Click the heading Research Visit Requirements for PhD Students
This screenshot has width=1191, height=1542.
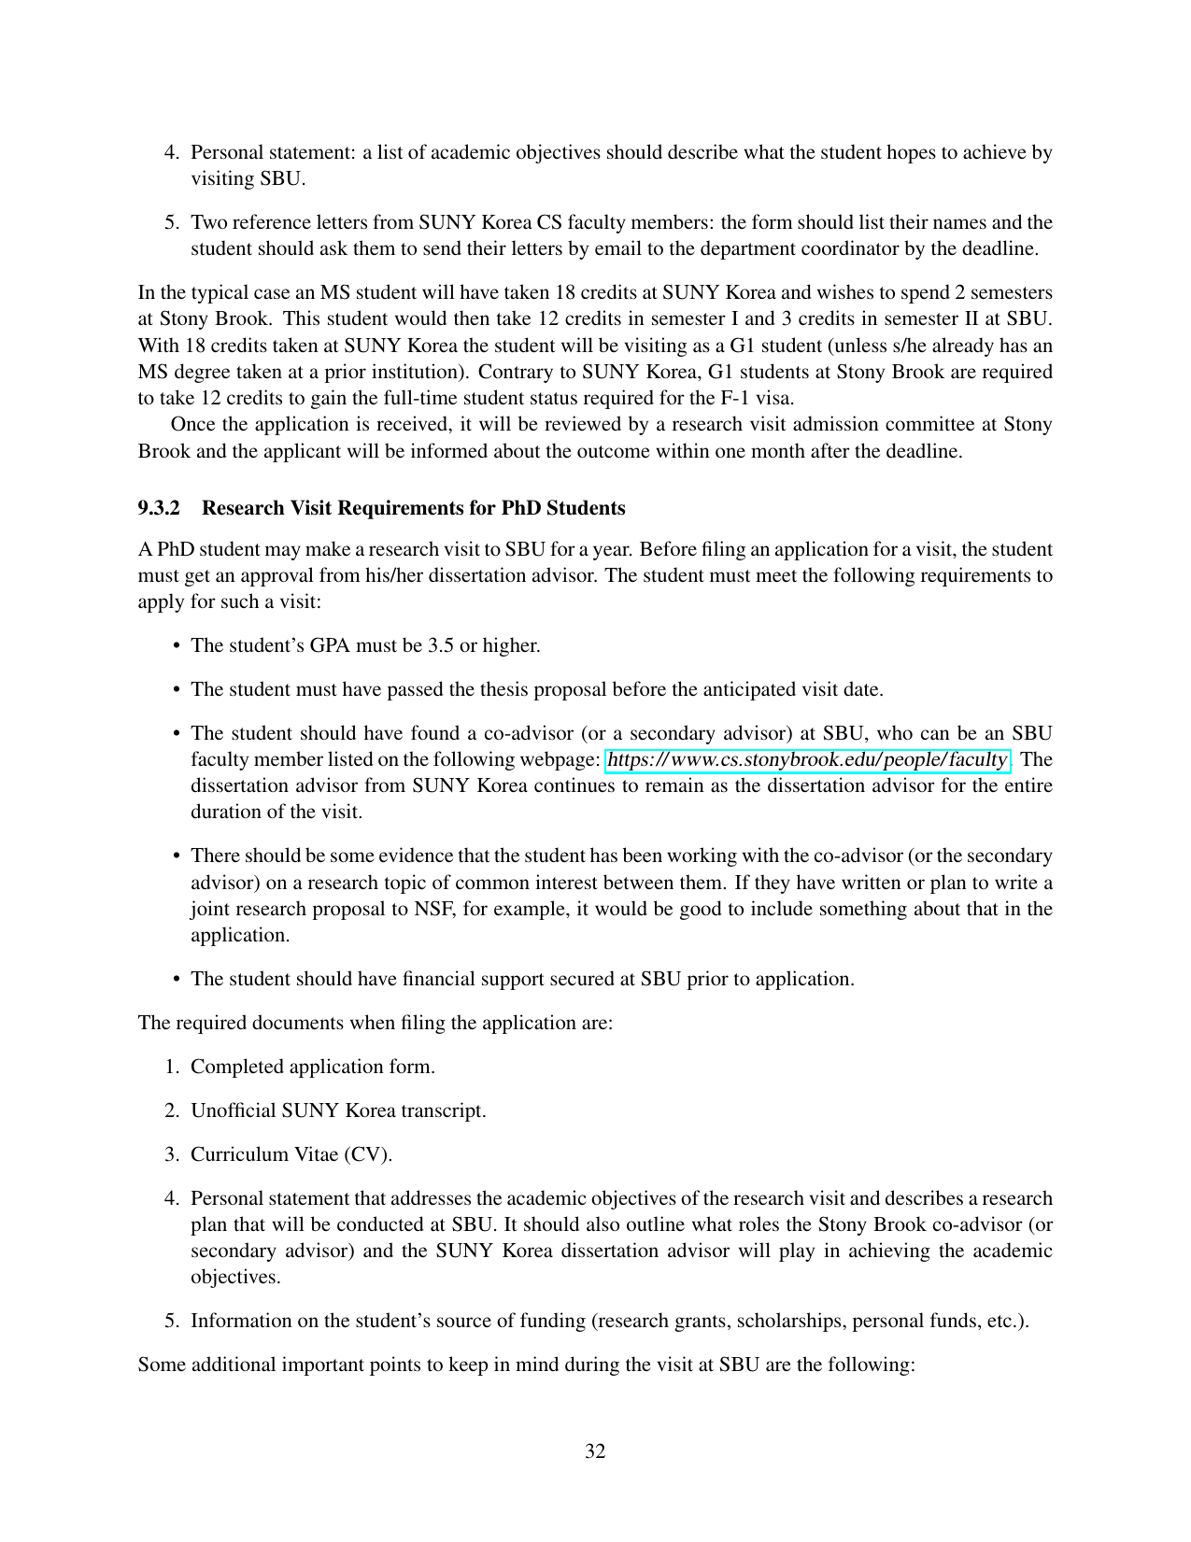(413, 508)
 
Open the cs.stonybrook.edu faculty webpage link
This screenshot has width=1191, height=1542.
(807, 759)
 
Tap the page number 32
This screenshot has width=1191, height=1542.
(595, 1450)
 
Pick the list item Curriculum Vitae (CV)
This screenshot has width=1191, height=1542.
(291, 1154)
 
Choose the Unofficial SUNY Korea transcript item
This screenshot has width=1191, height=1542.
(338, 1111)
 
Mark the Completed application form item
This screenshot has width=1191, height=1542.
(313, 1067)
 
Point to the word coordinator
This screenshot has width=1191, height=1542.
(854, 248)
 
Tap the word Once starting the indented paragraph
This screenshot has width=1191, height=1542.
(193, 424)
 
